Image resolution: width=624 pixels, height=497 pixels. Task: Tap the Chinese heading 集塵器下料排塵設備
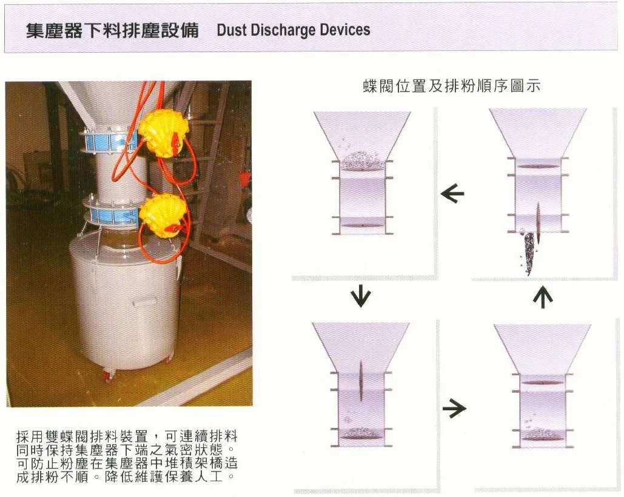click(x=112, y=31)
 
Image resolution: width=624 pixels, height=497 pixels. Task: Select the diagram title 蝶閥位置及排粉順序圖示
click(x=452, y=86)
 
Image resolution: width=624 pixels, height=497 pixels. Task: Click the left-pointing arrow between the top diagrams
click(x=452, y=194)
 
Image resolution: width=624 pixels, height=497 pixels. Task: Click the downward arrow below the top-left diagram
click(x=361, y=296)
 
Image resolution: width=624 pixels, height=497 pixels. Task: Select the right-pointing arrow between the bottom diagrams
click(x=454, y=408)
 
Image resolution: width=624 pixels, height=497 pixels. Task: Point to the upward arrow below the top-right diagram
click(x=543, y=297)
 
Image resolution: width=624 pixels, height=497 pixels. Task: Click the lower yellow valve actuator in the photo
click(x=163, y=215)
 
